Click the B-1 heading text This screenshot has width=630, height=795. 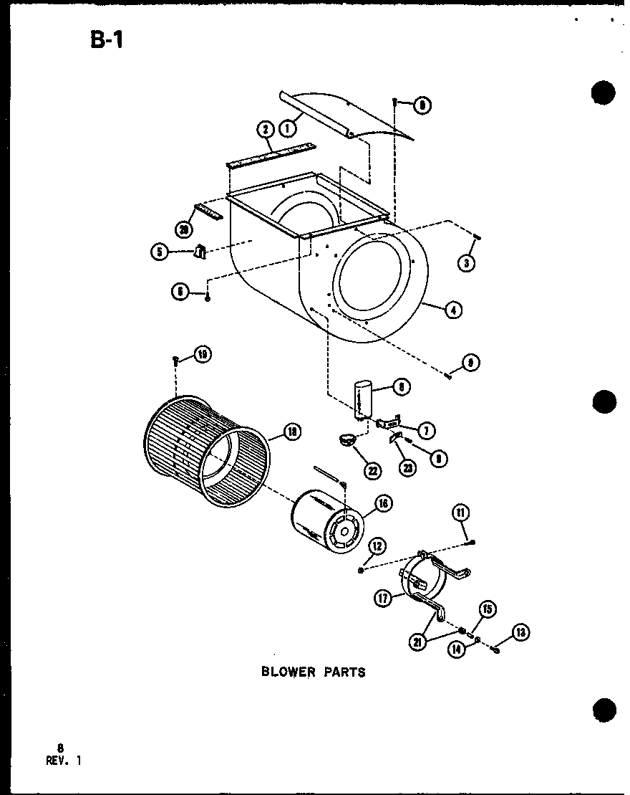(x=107, y=39)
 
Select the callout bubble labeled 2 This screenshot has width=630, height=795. (x=265, y=130)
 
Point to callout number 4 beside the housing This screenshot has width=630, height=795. (x=452, y=310)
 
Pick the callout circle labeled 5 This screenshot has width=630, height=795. (x=158, y=252)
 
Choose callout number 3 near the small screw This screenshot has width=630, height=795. (x=466, y=263)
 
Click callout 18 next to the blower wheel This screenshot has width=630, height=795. (x=291, y=432)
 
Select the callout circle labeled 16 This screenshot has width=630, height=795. (x=383, y=504)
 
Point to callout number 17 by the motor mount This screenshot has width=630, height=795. (x=384, y=598)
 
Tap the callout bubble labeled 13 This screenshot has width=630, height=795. (x=519, y=633)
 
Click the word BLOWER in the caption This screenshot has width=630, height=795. (x=286, y=672)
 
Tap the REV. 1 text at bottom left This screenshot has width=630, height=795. (x=65, y=761)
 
